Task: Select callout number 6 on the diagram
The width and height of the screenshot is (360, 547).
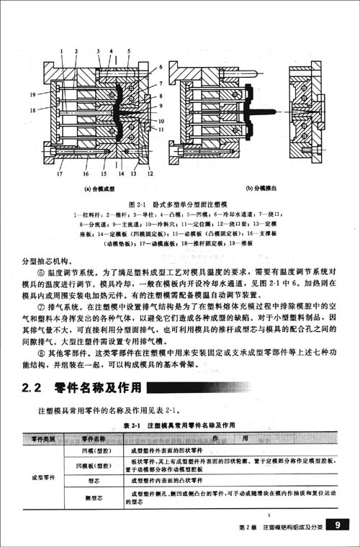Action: click(161, 65)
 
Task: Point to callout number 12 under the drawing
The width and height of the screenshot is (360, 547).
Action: click(149, 173)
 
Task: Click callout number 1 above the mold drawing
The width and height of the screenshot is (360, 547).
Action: click(61, 51)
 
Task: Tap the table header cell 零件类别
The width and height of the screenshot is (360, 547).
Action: click(43, 438)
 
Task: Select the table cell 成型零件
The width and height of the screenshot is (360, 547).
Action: click(43, 477)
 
